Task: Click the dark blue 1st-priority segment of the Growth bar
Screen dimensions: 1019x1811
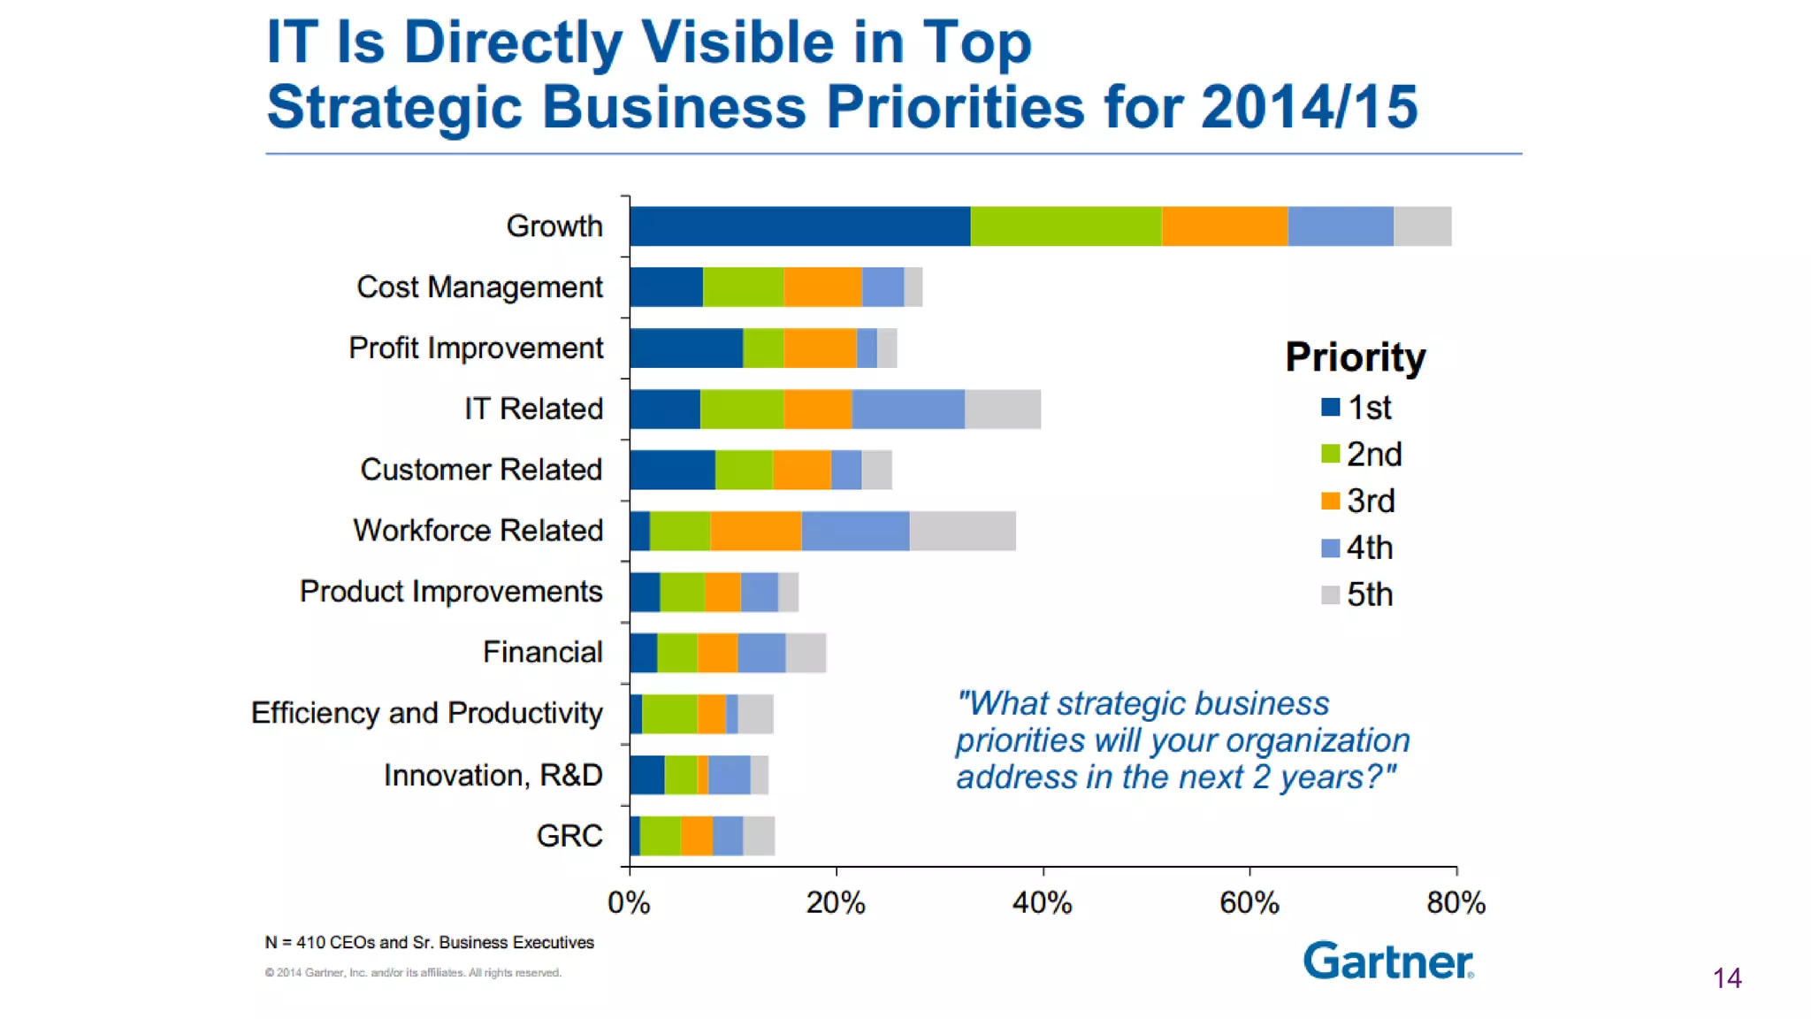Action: [799, 226]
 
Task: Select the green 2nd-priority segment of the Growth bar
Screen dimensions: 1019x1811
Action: [1066, 226]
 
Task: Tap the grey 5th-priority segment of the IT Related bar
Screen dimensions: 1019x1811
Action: [1002, 409]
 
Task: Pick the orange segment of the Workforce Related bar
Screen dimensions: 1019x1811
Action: [755, 531]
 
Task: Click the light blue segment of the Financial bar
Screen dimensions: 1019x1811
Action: [761, 653]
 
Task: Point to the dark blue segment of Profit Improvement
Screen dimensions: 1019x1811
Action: [686, 348]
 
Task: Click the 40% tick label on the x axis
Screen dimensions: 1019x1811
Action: [1043, 903]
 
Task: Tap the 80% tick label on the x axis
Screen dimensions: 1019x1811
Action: [1456, 903]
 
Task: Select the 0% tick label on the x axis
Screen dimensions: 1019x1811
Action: [629, 903]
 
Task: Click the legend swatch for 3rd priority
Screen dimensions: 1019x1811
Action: [1330, 501]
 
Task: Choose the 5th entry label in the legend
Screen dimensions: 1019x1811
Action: [1370, 594]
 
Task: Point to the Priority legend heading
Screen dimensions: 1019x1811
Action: [1355, 357]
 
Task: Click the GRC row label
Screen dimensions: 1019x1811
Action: [569, 836]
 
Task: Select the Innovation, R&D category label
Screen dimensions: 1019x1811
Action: [493, 775]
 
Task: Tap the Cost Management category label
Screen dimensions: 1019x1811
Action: [479, 287]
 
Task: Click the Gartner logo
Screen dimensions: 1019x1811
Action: [1388, 961]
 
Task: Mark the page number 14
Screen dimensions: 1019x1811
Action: [1726, 978]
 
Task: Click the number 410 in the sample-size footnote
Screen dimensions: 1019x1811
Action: [310, 943]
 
